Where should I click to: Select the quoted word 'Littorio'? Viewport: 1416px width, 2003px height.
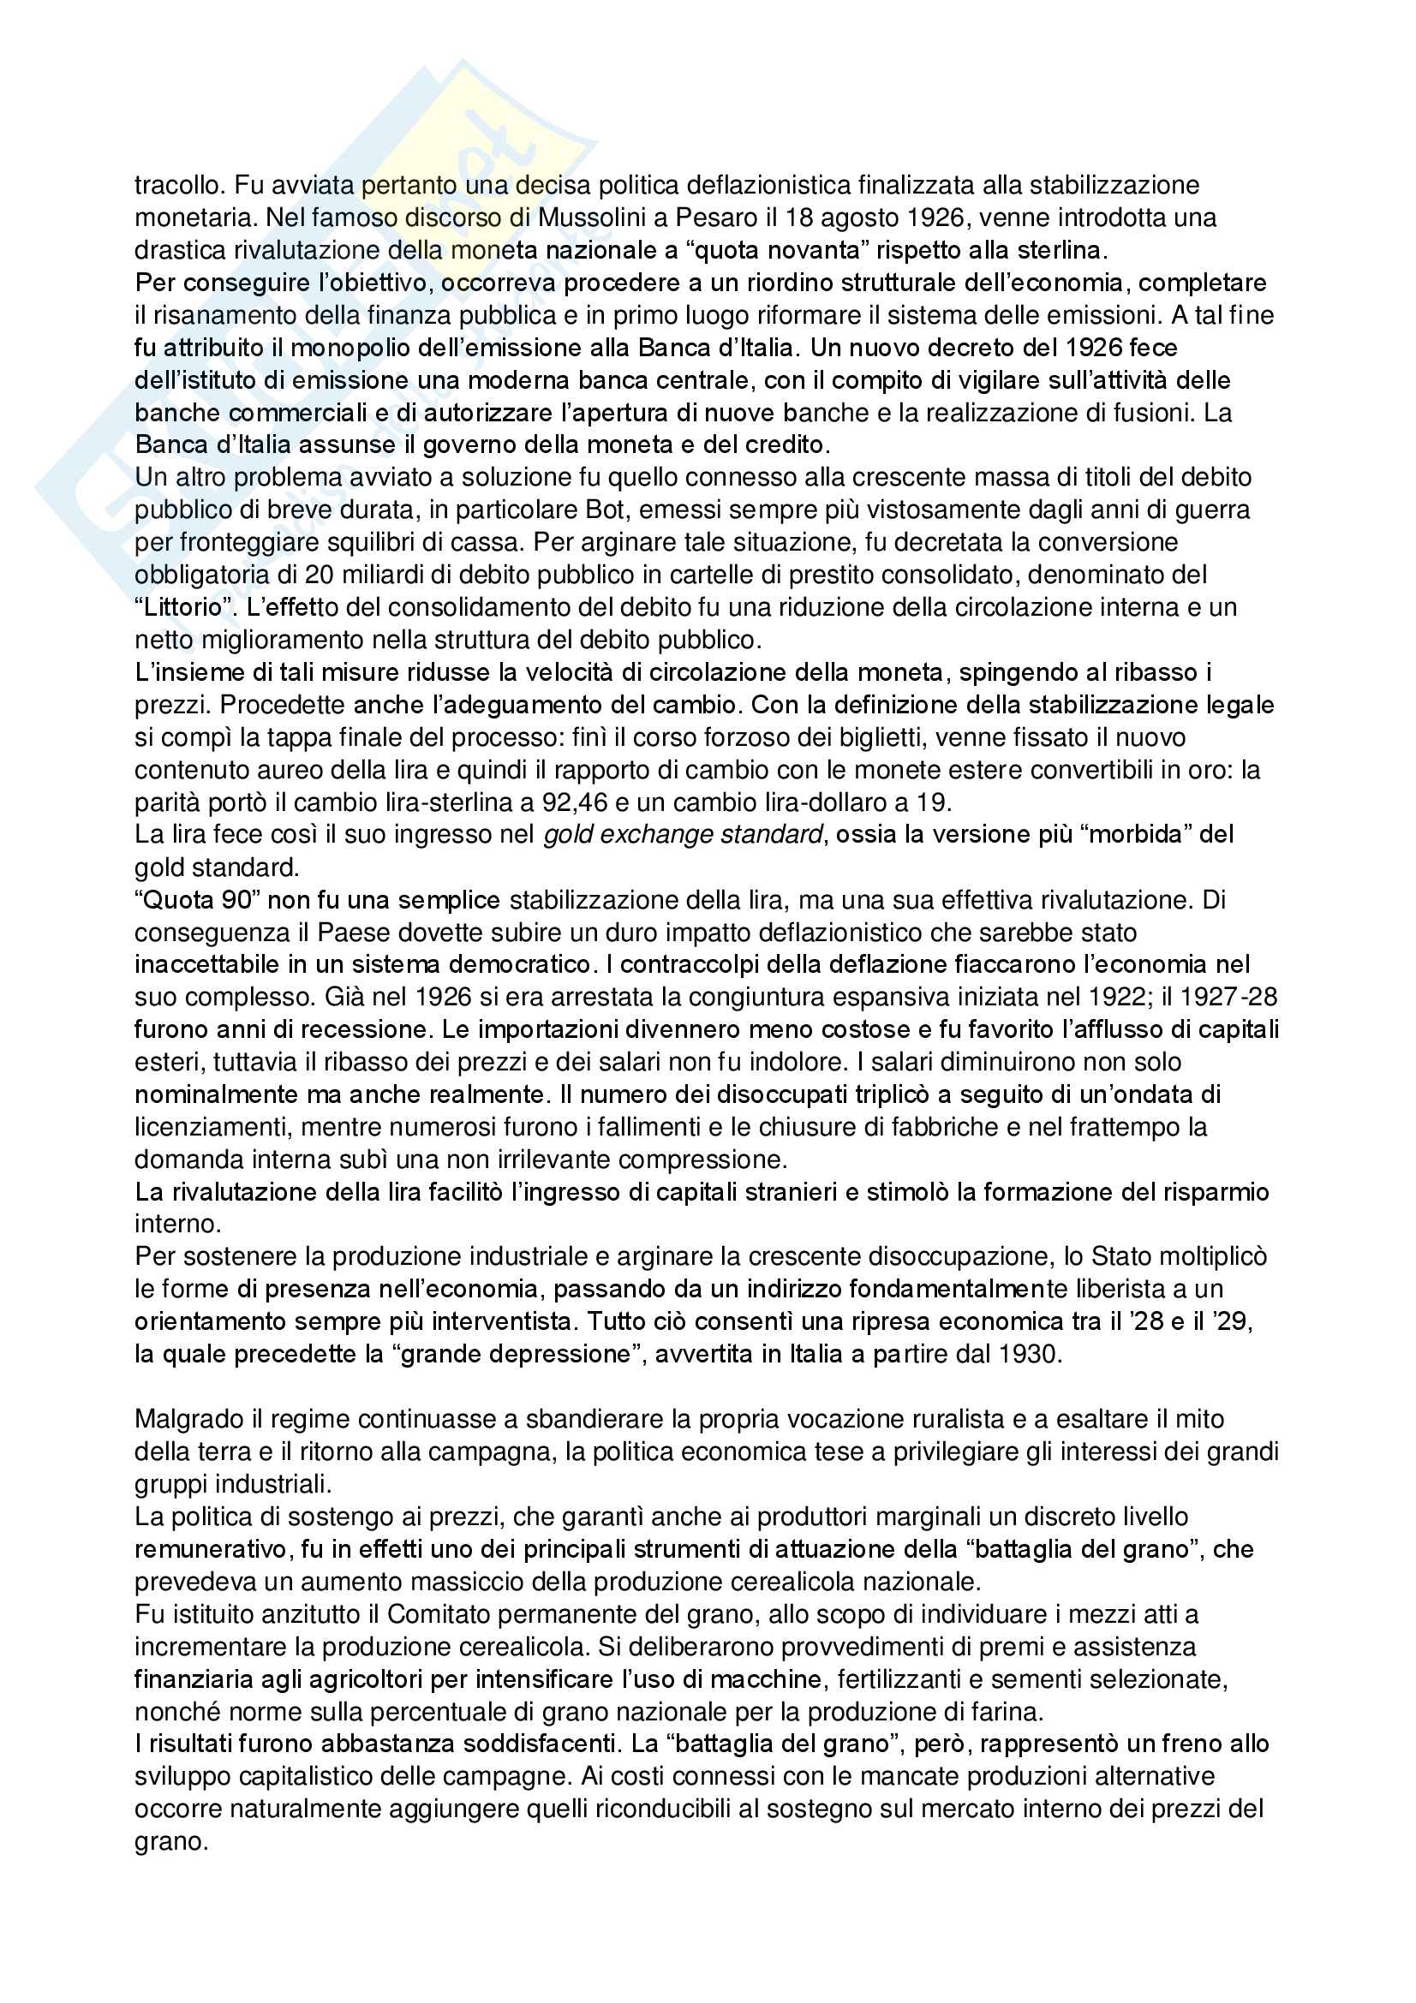(186, 608)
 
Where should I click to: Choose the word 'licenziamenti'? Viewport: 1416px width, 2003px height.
(210, 1128)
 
